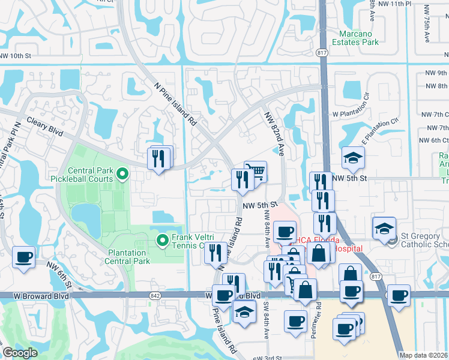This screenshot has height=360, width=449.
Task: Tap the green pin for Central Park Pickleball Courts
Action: pos(122,175)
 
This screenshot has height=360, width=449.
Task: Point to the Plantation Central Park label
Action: pos(127,257)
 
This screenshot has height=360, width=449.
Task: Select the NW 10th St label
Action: pos(15,56)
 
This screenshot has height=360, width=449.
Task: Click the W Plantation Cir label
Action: pos(357,113)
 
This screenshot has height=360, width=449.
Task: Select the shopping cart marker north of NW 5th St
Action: pos(256,171)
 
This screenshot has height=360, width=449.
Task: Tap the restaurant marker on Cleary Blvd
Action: pos(159,159)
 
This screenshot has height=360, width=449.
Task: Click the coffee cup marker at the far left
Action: pos(24,257)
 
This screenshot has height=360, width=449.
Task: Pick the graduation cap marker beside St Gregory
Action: pos(384,228)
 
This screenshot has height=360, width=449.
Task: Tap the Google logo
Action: pos(20,353)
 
